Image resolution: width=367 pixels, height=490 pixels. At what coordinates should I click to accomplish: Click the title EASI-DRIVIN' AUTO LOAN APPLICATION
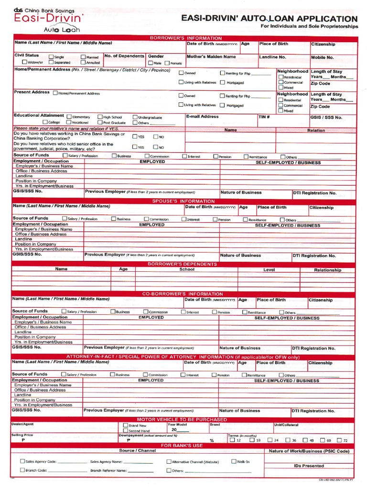270,18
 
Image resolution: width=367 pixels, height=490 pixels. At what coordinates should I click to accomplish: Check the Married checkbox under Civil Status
84,57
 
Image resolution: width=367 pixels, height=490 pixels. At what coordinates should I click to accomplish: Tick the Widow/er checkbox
24,62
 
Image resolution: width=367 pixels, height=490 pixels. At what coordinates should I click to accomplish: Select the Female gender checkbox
167,63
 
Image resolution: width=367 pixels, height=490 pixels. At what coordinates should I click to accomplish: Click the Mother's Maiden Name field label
211,56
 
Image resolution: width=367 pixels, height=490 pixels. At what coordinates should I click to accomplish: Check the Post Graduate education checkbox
99,122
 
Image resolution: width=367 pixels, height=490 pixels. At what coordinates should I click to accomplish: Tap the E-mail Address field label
202,116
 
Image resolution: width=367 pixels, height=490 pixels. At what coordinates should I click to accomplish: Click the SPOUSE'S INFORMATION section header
183,201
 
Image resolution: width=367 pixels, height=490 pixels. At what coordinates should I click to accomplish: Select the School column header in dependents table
186,269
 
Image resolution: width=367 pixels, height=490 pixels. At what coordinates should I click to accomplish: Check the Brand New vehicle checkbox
126,425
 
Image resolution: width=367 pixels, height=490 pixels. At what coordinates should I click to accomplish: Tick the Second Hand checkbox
126,431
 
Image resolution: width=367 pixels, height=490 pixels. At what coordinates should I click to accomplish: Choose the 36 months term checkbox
287,440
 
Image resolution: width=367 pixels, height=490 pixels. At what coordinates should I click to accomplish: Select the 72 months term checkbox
339,440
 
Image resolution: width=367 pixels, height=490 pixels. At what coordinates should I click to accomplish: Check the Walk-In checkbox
234,461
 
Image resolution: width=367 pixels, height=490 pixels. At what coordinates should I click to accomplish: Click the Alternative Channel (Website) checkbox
169,462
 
